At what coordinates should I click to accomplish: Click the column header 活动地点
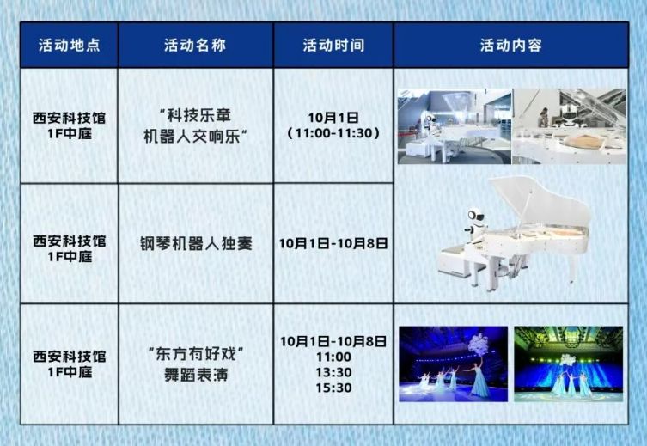pyautogui.click(x=70, y=46)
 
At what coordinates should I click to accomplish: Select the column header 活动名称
pyautogui.click(x=195, y=46)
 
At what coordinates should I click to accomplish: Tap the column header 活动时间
pyautogui.click(x=333, y=46)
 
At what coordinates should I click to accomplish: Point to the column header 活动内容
pyautogui.click(x=511, y=46)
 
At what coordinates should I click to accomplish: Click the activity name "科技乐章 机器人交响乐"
pyautogui.click(x=196, y=125)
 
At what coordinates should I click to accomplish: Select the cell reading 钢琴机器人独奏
pyautogui.click(x=196, y=243)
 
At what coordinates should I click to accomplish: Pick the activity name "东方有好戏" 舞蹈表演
pyautogui.click(x=196, y=364)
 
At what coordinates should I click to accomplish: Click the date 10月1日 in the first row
pyautogui.click(x=333, y=116)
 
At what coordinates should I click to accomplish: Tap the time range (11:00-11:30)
pyautogui.click(x=333, y=134)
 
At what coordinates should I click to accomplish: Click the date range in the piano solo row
pyautogui.click(x=333, y=243)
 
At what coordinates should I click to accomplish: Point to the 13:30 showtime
pyautogui.click(x=333, y=372)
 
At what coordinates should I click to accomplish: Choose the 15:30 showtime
pyautogui.click(x=333, y=388)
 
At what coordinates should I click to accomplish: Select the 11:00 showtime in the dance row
pyautogui.click(x=333, y=357)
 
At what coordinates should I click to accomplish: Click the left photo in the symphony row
pyautogui.click(x=454, y=125)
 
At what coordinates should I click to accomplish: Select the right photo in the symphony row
pyautogui.click(x=568, y=125)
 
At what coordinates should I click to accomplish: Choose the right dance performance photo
pyautogui.click(x=568, y=364)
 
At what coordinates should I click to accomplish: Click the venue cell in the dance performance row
pyautogui.click(x=70, y=364)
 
